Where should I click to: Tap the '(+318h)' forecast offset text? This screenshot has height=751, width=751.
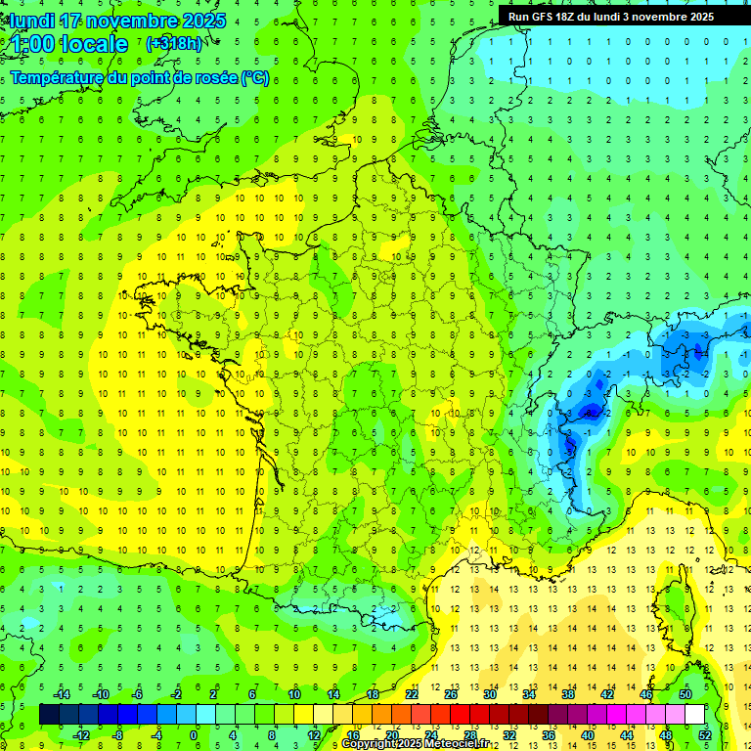click(x=173, y=44)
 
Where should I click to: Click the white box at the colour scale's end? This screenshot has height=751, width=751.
click(x=695, y=714)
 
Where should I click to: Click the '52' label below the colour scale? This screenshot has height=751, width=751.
click(x=705, y=734)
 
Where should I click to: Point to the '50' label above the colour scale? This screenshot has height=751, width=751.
click(x=685, y=694)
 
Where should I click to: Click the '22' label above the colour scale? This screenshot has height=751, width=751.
click(x=412, y=694)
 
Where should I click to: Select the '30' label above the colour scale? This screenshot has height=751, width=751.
click(x=490, y=694)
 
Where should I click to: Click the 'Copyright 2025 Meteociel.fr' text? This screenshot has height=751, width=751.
click(x=415, y=744)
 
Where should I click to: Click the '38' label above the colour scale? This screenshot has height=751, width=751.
click(x=568, y=694)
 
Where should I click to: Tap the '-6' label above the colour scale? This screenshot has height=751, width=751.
click(x=137, y=694)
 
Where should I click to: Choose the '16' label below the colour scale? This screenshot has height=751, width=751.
click(x=353, y=734)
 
